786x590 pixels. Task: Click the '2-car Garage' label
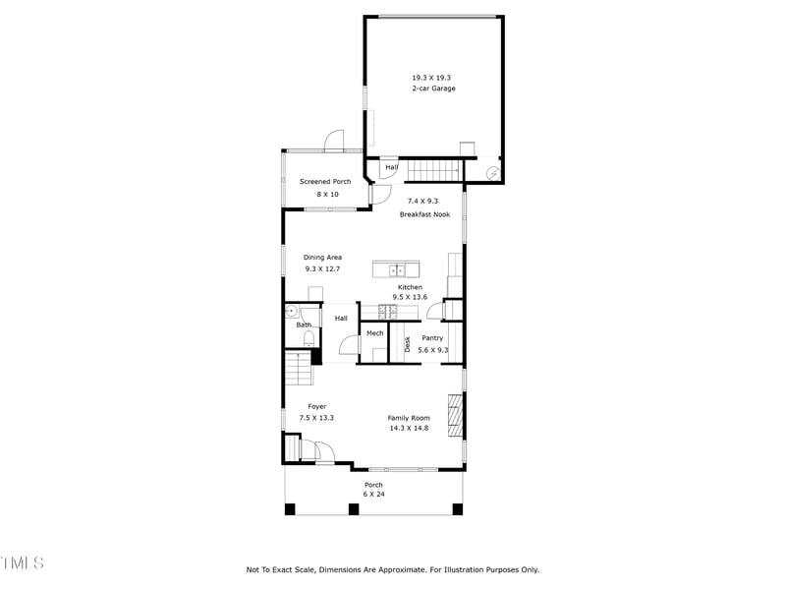pos(433,88)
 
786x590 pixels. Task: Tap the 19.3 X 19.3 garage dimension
pos(431,77)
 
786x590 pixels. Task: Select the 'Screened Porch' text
pos(325,182)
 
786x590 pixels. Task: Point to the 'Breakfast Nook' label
pos(424,214)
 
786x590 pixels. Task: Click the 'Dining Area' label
pos(322,258)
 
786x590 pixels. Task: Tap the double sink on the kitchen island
pos(396,268)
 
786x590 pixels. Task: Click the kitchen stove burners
pos(386,312)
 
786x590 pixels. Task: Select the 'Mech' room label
pos(374,333)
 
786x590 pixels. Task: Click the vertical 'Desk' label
pos(408,344)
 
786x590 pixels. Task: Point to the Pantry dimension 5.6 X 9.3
pos(432,350)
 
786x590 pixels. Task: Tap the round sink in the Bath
pos(291,312)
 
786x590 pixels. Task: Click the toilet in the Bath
pos(309,339)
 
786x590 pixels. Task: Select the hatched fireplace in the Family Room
pos(455,415)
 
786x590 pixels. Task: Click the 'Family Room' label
pos(409,418)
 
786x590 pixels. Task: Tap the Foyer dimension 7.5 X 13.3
pos(316,418)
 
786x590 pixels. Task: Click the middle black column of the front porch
pos(353,508)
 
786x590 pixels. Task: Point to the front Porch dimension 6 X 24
pos(373,494)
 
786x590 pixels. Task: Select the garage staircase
pos(432,171)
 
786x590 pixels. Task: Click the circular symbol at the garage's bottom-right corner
pos(494,173)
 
